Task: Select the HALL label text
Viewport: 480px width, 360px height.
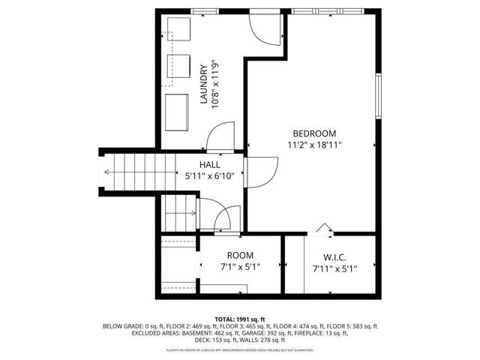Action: pyautogui.click(x=210, y=165)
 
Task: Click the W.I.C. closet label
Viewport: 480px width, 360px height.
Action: pyautogui.click(x=329, y=256)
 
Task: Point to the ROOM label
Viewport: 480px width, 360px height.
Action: pyautogui.click(x=241, y=256)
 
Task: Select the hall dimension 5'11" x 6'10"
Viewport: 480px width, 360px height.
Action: pyautogui.click(x=210, y=177)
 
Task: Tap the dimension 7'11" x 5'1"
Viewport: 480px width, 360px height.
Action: pyautogui.click(x=329, y=268)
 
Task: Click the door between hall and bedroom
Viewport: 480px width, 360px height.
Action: pyautogui.click(x=256, y=172)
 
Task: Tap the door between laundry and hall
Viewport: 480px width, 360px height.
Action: pyautogui.click(x=220, y=136)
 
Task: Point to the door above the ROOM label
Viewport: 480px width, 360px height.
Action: pyautogui.click(x=222, y=219)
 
